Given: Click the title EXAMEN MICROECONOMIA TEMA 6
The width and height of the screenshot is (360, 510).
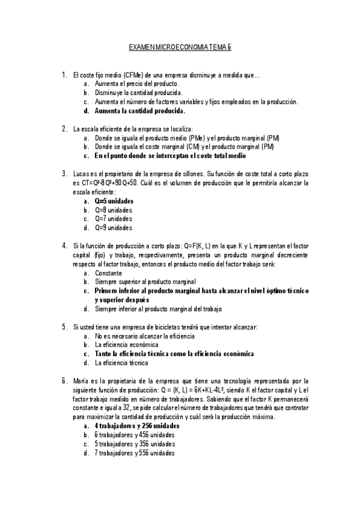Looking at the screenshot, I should (181, 46).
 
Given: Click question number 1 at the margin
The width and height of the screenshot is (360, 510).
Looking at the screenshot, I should (64, 75).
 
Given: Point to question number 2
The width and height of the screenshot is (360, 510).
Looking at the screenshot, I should (64, 129).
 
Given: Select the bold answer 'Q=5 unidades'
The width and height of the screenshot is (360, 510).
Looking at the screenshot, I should (114, 201).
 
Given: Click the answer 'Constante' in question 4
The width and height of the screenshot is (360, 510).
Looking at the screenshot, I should (108, 272).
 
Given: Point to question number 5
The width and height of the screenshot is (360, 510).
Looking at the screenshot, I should (64, 327).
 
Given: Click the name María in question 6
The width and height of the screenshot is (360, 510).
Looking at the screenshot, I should (81, 381).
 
